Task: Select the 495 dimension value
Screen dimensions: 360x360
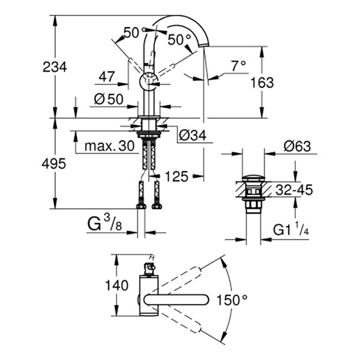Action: click(x=55, y=163)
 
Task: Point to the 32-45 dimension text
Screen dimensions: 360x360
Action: click(x=293, y=190)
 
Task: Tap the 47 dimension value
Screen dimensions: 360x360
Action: click(x=107, y=76)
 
